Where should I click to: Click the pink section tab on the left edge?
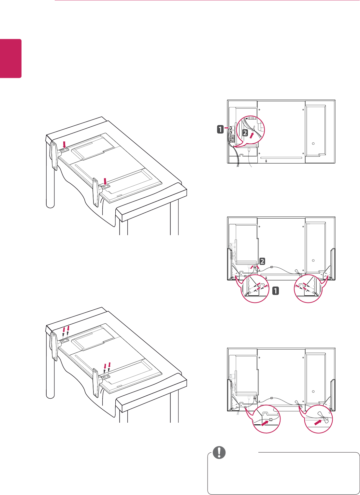point(10,59)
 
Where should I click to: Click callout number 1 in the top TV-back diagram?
point(221,129)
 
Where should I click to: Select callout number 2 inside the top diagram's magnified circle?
point(245,133)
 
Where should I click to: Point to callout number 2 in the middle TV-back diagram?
point(263,261)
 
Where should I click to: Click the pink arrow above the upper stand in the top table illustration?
point(65,144)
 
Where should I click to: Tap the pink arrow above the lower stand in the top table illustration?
point(105,181)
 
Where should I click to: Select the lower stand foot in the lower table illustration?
point(96,383)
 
